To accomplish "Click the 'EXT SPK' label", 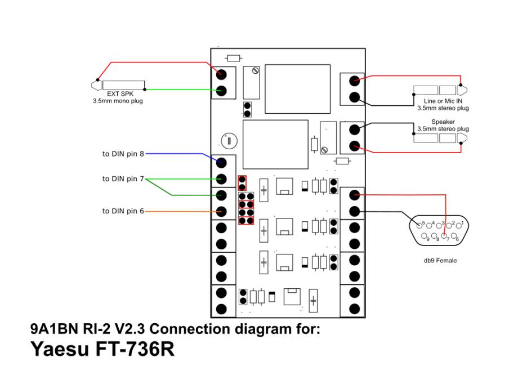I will point(117,95).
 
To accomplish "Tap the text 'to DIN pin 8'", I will point(123,153).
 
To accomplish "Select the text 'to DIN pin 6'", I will point(123,211).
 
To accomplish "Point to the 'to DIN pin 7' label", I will point(123,179).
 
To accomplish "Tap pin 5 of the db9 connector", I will point(419,226).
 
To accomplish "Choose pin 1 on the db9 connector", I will point(459,226).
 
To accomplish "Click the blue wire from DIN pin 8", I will point(175,153).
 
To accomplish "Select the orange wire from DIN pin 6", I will point(180,212).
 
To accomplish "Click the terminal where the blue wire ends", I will point(221,163).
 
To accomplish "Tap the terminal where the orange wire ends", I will point(221,212).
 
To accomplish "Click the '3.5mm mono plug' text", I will point(117,101).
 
